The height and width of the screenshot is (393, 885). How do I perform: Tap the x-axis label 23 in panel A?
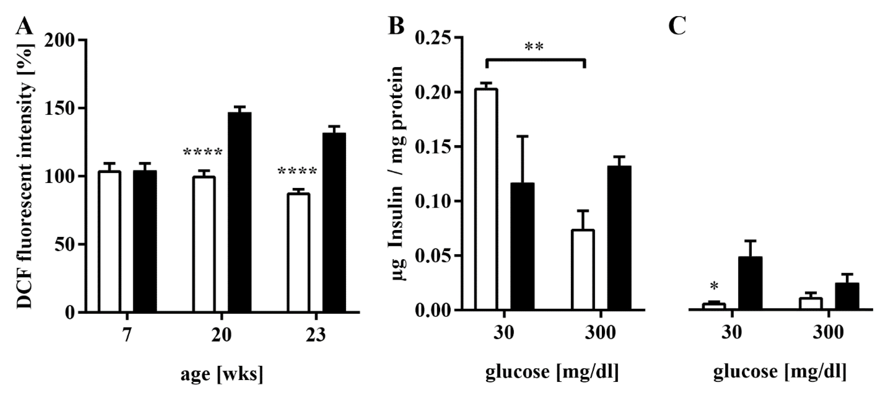315,334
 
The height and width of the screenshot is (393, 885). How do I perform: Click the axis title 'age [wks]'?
222,374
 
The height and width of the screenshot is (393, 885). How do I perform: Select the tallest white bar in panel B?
486,199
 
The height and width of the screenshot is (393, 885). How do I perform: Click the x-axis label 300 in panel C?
828,333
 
